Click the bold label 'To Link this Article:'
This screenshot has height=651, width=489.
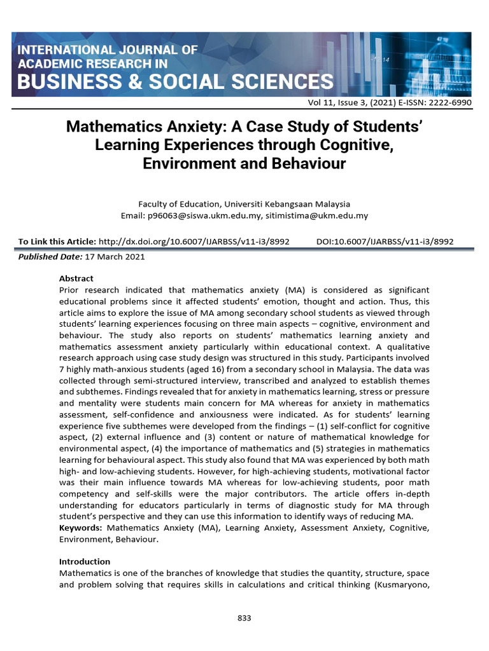tap(57, 242)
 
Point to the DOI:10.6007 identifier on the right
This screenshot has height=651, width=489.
tap(385, 242)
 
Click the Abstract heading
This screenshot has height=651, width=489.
tap(76, 278)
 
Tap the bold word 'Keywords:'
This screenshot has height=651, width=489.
tap(81, 528)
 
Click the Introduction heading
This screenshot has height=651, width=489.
tap(85, 561)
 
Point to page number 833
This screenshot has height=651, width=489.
tap(244, 617)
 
